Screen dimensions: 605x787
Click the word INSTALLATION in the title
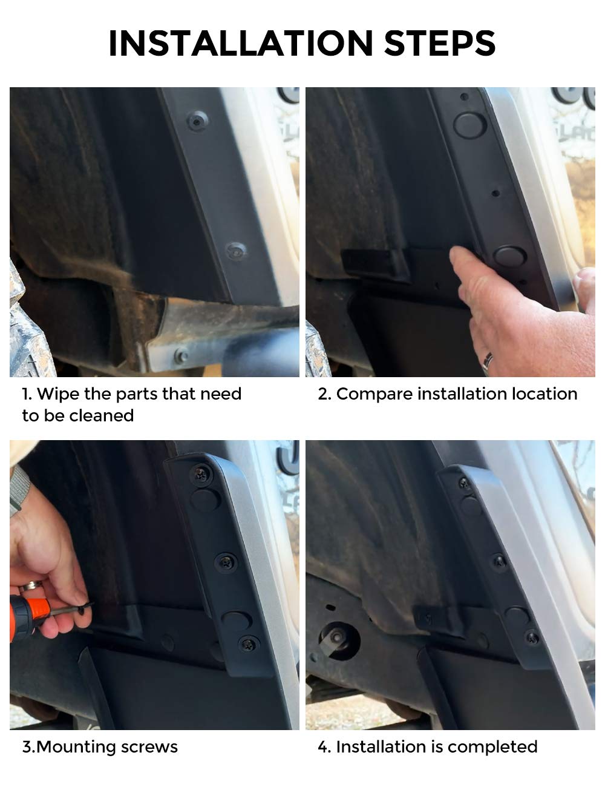tap(241, 43)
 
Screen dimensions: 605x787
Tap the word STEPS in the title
tap(439, 43)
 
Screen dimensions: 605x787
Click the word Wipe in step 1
tap(58, 393)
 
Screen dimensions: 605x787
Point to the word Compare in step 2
tap(374, 394)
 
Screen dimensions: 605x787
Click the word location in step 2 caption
tap(544, 393)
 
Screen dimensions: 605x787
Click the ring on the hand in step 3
tap(31, 585)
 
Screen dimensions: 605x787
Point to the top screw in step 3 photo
tap(201, 475)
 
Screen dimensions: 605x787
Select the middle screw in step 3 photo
tap(226, 562)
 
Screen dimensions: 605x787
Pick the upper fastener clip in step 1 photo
tap(198, 120)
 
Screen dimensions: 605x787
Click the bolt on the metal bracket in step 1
tap(181, 357)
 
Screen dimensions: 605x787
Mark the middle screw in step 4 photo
tap(500, 562)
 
